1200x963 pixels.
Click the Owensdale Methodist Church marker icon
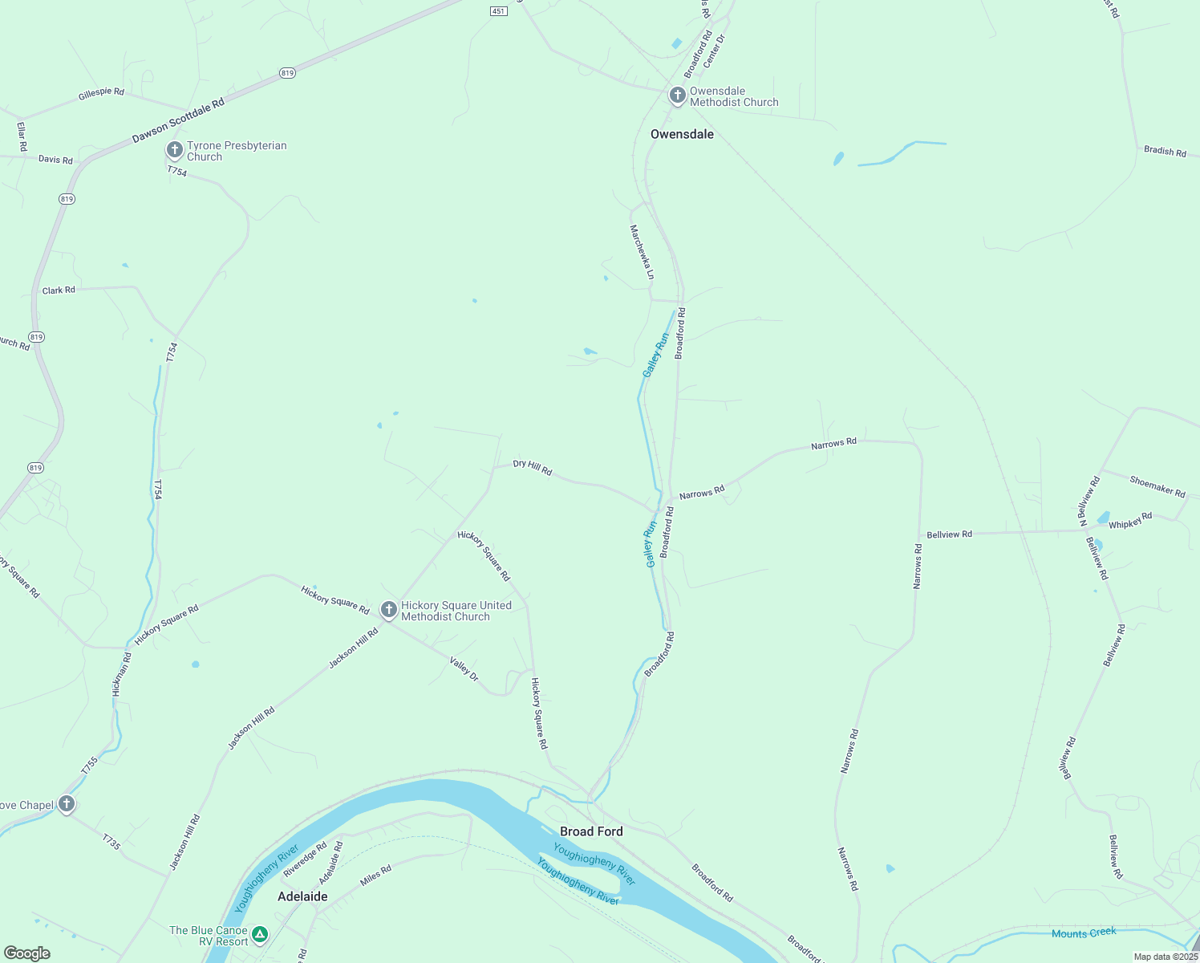[677, 95]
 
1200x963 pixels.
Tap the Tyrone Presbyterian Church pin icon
[174, 150]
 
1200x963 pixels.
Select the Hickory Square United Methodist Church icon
[388, 610]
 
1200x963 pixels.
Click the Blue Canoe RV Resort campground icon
[259, 934]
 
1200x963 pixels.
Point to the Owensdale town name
[682, 134]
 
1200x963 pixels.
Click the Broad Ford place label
[591, 831]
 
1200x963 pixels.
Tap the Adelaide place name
[302, 896]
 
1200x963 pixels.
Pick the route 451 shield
[499, 10]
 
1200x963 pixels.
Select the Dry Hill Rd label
[533, 468]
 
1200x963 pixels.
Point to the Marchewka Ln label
[642, 252]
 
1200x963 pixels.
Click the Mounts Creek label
[1084, 933]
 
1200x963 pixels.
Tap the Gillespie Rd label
[101, 93]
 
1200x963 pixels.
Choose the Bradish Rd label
[1165, 152]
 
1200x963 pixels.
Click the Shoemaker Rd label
[1157, 486]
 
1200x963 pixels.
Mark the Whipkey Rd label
[1130, 522]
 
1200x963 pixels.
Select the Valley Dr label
[464, 669]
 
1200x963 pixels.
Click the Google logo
[27, 953]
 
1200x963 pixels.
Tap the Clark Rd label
[59, 290]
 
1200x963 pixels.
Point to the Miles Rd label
[375, 875]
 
